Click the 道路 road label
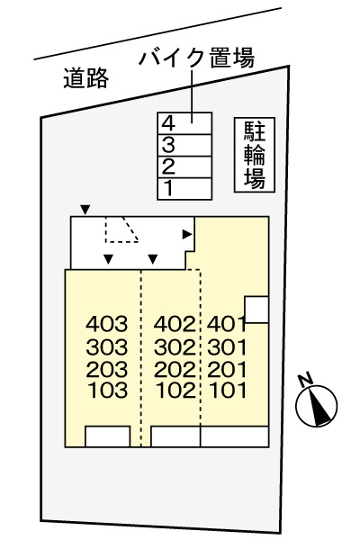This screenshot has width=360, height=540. click(86, 80)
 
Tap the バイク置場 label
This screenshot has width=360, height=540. click(197, 60)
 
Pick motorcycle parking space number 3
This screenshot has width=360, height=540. click(184, 144)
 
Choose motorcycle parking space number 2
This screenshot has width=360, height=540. click(184, 166)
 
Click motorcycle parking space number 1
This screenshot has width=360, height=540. click(184, 188)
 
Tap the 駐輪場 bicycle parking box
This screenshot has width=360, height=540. click(255, 154)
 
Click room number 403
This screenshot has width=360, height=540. click(108, 323)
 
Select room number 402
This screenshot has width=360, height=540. click(175, 323)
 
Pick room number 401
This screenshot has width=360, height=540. click(226, 323)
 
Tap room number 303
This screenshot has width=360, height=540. click(108, 346)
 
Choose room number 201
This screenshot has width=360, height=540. click(226, 369)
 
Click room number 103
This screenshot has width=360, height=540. click(108, 391)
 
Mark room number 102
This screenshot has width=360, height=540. click(175, 391)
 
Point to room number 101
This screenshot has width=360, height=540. click(226, 391)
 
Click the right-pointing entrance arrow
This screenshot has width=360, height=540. click(187, 234)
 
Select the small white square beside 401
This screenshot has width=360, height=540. click(256, 310)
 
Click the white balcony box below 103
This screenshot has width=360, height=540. click(108, 437)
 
